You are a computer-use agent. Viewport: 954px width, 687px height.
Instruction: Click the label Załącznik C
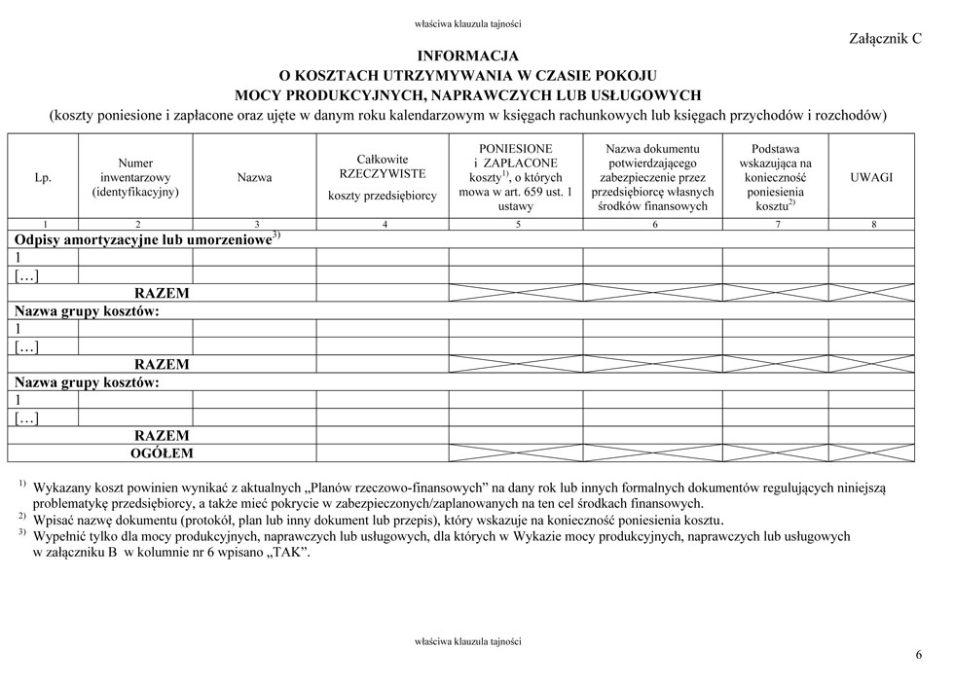tap(885, 38)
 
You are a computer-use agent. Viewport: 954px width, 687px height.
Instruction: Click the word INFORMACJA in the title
tap(467, 56)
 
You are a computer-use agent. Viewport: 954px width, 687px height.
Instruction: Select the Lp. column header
tap(43, 178)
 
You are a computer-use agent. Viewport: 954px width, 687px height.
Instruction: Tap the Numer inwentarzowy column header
tap(135, 178)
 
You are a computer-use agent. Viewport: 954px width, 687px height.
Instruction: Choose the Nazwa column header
tap(254, 178)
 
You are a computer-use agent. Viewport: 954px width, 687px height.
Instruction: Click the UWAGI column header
tap(871, 178)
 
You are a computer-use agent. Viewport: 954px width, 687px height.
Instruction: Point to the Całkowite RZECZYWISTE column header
tap(383, 177)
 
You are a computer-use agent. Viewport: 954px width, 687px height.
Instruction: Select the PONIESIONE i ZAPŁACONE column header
tap(516, 177)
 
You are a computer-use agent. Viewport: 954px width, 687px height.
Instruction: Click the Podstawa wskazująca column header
tap(775, 177)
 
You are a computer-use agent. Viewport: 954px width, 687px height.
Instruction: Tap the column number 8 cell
tap(872, 225)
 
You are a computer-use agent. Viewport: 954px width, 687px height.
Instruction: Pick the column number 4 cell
tap(383, 225)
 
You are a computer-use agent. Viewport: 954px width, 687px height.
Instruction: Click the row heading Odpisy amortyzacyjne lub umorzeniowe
tap(142, 238)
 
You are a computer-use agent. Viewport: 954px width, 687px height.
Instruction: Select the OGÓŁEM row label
tap(162, 453)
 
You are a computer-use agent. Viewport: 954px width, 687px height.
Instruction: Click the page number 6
tap(918, 654)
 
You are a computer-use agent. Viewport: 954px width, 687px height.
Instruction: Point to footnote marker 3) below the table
tap(21, 533)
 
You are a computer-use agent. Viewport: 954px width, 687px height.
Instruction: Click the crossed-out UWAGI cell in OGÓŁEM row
tap(871, 453)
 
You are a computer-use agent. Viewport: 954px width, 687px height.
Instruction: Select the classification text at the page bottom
tap(467, 641)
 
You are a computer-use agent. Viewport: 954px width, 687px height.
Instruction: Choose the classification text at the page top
tap(467, 24)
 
